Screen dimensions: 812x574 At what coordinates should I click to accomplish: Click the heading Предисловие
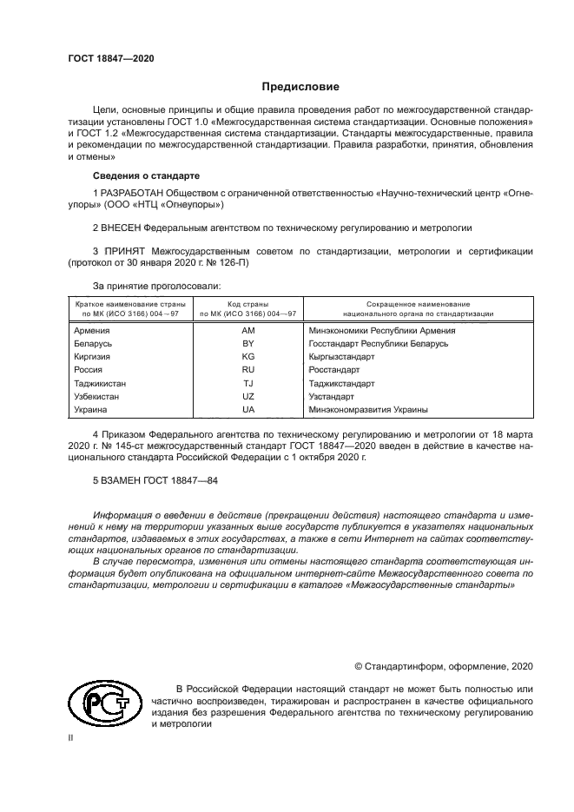tap(301, 87)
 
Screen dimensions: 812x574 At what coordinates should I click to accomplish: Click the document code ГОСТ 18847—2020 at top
tap(110, 58)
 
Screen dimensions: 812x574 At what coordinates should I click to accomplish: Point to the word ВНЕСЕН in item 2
tap(119, 228)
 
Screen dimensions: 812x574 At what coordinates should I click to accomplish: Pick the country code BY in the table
tap(247, 344)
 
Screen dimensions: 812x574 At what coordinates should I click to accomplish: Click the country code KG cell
tap(247, 357)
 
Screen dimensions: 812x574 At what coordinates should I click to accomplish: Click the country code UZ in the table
tap(247, 396)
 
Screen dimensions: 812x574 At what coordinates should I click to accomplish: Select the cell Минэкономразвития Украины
tap(368, 410)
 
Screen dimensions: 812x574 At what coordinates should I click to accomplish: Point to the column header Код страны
tap(247, 304)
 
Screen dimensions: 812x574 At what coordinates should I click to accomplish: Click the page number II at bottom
tap(72, 736)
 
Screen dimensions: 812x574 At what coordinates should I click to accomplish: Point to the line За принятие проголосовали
tap(156, 285)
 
